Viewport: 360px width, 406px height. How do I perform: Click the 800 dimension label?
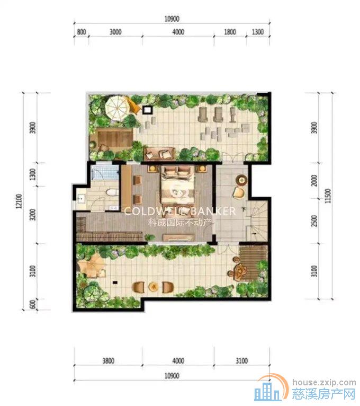click(x=82, y=32)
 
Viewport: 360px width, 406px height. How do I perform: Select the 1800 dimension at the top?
click(x=230, y=32)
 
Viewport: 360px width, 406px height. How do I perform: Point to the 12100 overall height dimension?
click(x=19, y=201)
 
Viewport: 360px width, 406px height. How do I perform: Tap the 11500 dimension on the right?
click(x=328, y=196)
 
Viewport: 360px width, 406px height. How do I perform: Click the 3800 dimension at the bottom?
click(x=108, y=361)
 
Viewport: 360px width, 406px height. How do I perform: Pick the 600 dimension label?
click(x=33, y=305)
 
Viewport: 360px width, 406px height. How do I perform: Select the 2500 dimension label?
click(x=314, y=220)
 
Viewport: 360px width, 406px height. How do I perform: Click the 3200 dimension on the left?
click(x=33, y=215)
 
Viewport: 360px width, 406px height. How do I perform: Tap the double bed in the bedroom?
click(x=177, y=185)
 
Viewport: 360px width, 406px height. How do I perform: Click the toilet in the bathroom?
click(x=112, y=192)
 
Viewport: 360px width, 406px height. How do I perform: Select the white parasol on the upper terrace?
click(x=116, y=108)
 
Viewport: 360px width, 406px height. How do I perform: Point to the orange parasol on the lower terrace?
click(x=91, y=264)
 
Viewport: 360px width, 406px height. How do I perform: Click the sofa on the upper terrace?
click(x=159, y=154)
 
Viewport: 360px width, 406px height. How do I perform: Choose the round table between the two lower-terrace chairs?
click(x=153, y=286)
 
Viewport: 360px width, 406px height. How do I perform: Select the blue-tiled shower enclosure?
click(x=105, y=172)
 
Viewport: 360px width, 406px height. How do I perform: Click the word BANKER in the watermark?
click(x=213, y=211)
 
